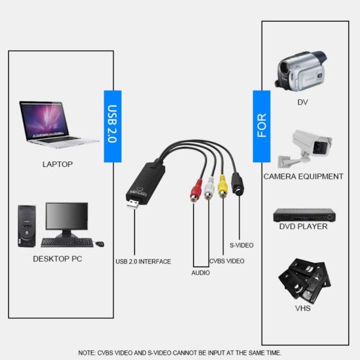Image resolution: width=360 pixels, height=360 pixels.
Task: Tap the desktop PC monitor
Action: (66, 220)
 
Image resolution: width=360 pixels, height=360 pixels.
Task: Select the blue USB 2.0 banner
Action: (113, 126)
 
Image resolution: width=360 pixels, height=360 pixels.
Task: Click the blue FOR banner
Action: (262, 126)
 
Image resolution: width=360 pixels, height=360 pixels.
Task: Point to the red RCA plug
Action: (194, 192)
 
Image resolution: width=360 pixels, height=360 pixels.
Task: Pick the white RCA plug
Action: (208, 190)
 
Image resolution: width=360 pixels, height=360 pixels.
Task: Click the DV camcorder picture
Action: (301, 69)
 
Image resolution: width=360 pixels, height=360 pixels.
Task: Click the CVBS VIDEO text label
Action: (226, 261)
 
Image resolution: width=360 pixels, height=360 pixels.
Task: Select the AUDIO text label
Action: (200, 272)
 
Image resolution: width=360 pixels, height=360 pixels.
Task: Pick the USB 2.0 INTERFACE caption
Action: (143, 261)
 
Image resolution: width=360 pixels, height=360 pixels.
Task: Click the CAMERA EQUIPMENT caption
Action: (303, 176)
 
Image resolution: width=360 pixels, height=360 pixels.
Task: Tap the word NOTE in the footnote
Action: (87, 353)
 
